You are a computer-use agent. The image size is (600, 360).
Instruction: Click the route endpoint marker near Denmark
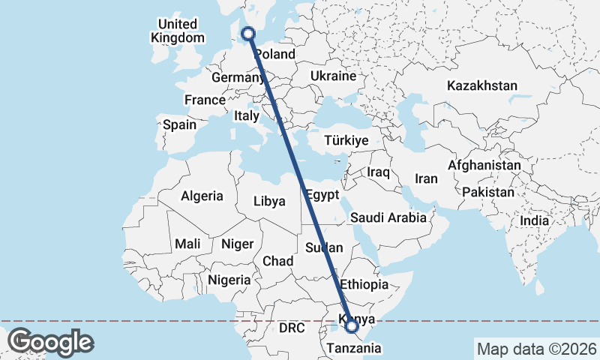pos(248,33)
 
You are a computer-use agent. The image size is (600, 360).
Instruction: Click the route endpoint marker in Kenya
pos(352,325)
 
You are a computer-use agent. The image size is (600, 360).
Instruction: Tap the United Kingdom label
pos(177,31)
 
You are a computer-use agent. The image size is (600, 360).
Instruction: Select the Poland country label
pos(275,55)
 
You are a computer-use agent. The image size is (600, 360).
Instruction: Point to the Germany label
pos(237,78)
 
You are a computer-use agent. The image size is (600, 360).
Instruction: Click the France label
pos(205,100)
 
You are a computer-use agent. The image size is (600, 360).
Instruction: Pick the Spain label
pos(179,125)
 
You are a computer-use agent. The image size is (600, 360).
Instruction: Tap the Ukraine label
pos(333,76)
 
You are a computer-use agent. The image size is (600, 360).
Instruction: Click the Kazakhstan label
pos(481,85)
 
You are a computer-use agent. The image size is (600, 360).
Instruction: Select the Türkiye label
pos(346,140)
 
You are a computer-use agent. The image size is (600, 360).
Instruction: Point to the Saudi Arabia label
pos(388,218)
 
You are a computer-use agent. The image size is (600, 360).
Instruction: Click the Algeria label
pos(202,196)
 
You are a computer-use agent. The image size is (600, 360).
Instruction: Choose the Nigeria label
pos(229,280)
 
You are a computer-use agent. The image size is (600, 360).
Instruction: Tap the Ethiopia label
pos(364,285)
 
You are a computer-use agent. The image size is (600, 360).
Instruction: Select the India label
pos(535,221)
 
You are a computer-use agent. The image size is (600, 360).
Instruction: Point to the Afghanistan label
pos(484,165)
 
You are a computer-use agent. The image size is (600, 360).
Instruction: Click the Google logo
pos(50,341)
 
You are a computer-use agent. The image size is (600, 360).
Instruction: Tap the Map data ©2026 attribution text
pos(536,349)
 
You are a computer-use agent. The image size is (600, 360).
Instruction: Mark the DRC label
pos(293,328)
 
